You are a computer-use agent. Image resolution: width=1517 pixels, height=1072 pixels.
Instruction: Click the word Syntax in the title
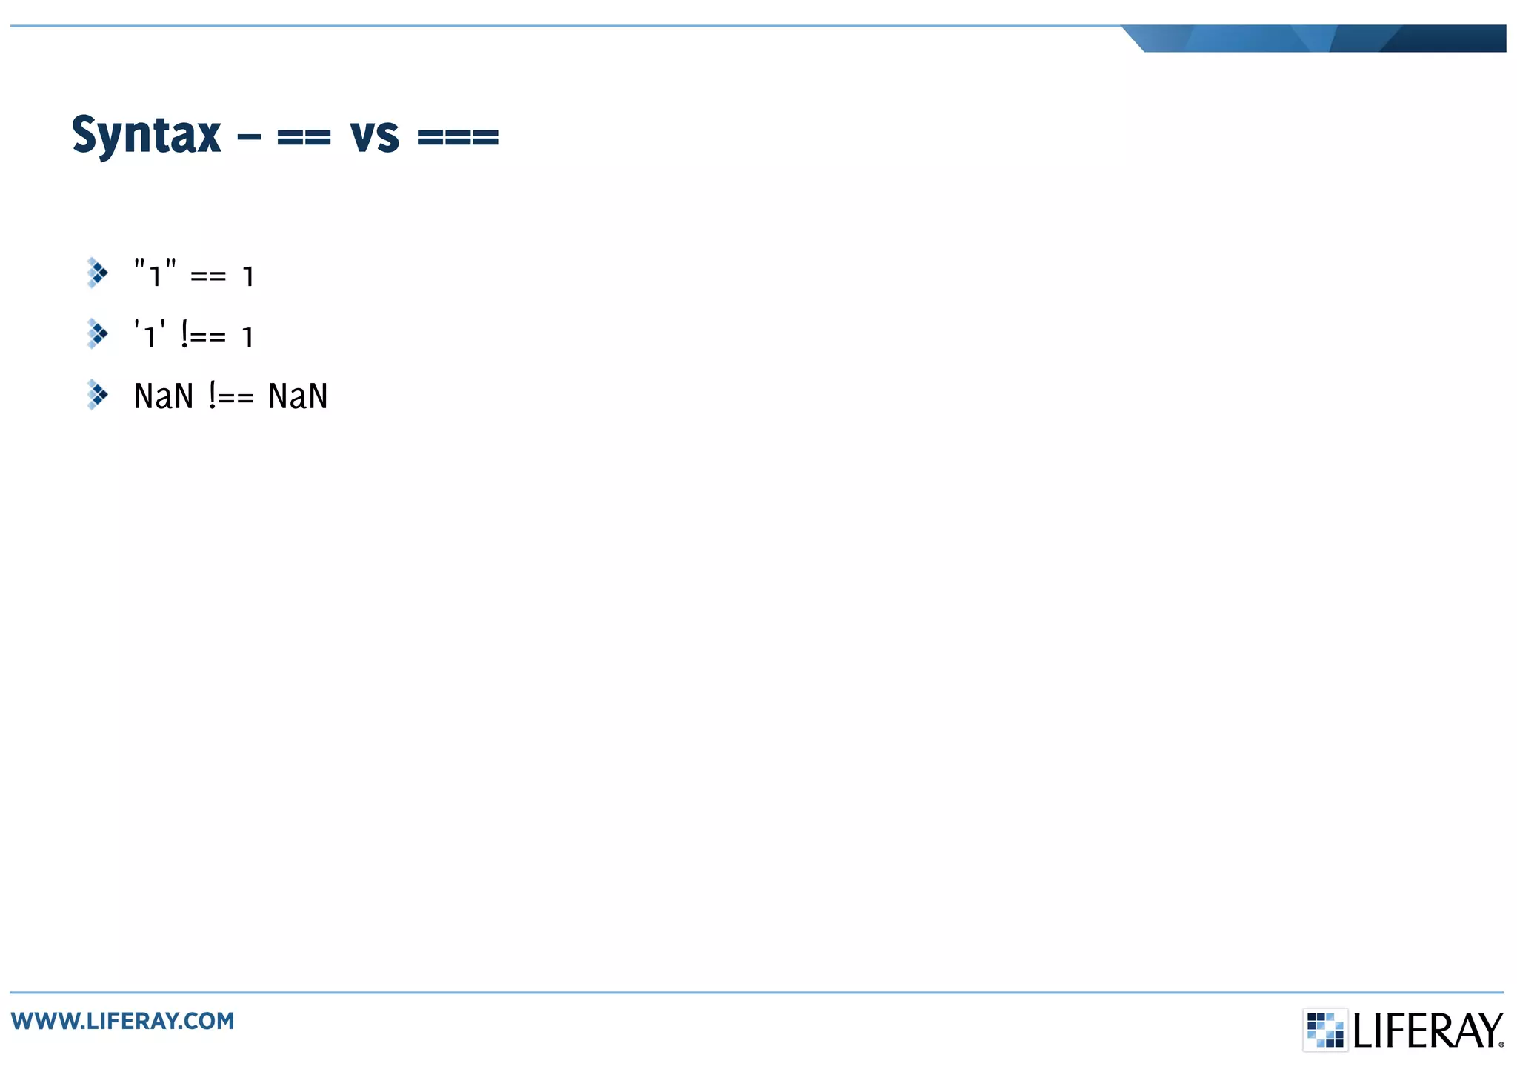coord(146,136)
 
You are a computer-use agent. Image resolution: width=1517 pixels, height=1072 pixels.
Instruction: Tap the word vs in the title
coord(375,138)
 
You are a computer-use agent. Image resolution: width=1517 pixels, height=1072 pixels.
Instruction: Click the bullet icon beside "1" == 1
coord(97,273)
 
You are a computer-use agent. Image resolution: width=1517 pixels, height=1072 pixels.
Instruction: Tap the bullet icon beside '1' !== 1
coord(97,334)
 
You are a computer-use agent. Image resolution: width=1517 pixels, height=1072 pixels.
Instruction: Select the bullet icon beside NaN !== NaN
coord(97,395)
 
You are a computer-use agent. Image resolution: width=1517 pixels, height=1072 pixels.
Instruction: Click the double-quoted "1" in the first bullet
coord(155,273)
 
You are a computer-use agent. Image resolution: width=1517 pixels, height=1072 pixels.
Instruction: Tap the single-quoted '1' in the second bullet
coord(150,335)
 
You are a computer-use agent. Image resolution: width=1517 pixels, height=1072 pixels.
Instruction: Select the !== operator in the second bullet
coord(203,336)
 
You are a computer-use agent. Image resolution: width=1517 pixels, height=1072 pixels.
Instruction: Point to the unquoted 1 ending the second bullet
coord(248,338)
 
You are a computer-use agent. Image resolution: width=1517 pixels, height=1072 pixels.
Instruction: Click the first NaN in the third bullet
coord(164,396)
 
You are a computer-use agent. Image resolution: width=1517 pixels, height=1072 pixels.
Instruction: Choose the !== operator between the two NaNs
coord(231,396)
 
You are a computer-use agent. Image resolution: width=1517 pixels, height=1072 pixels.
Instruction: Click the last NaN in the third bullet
coord(298,396)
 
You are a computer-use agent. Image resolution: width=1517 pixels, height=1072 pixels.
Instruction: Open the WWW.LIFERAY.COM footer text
coord(123,1022)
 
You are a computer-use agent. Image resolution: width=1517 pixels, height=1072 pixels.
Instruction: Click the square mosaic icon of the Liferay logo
coord(1325,1030)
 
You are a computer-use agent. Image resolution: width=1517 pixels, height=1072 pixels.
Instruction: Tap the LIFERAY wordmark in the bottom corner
coord(1428,1031)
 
